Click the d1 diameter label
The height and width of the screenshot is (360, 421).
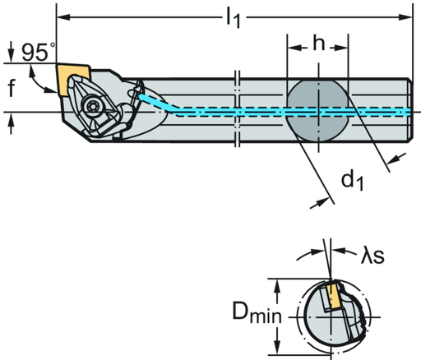click(x=351, y=180)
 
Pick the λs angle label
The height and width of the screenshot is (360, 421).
click(x=370, y=256)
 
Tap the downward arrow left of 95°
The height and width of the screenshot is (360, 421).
click(x=10, y=57)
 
